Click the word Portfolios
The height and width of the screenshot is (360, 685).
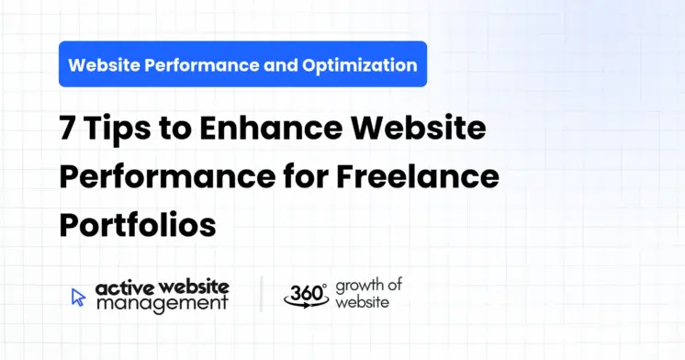pos(138,224)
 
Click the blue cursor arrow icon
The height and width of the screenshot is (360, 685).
pos(79,296)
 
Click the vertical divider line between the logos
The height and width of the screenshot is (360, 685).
pos(261,295)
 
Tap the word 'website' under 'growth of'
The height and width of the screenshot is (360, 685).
pos(361,301)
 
